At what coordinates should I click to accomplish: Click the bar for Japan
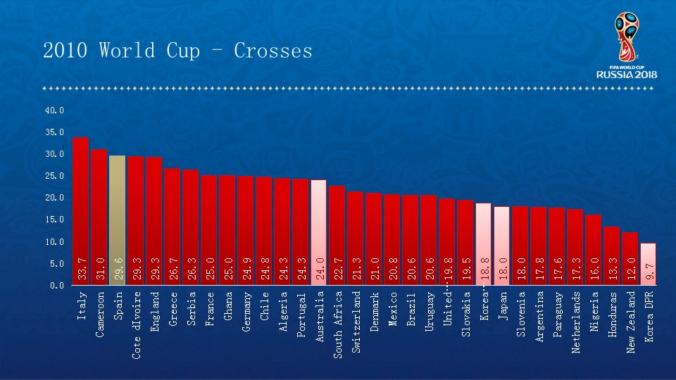point(502,239)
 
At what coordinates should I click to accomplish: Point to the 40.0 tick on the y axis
point(54,110)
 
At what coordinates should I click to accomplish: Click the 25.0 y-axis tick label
point(54,176)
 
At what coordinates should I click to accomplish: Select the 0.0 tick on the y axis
point(56,286)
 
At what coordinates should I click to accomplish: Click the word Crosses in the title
point(273,51)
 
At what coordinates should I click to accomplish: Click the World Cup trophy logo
point(626,37)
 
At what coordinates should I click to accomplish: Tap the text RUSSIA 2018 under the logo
point(627,74)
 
